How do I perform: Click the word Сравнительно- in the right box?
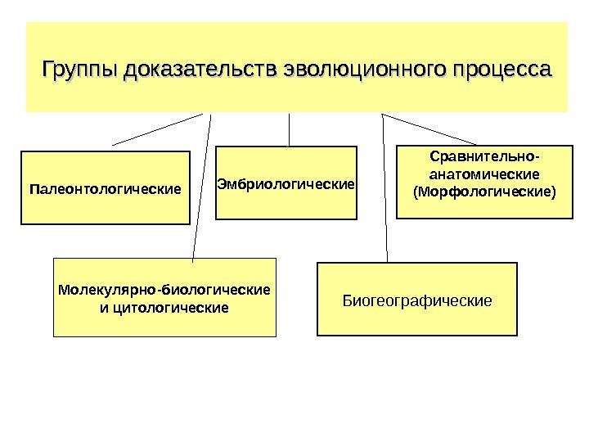point(485,156)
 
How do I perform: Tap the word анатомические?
point(484,174)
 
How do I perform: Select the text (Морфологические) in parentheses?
point(484,192)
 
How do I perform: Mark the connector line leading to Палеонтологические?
point(157,129)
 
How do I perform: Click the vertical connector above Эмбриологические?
point(290,129)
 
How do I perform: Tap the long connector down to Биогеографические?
point(384,188)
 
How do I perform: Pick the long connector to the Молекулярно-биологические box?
point(202,188)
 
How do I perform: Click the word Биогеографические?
point(417,300)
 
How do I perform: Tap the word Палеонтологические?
point(104,189)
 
